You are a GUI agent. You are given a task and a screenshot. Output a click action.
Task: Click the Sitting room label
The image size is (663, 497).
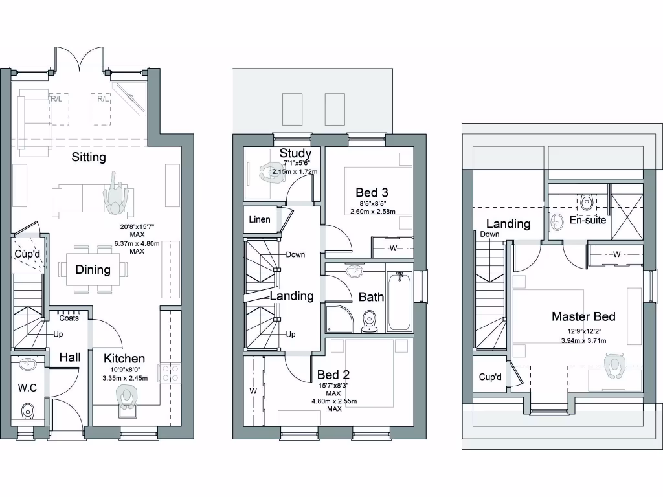(89, 157)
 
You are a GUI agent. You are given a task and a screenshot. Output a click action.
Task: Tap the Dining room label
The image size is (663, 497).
(93, 270)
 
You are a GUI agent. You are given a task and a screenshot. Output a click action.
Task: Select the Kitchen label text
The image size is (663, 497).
(124, 358)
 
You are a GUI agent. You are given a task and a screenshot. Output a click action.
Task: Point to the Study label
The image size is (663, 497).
(296, 153)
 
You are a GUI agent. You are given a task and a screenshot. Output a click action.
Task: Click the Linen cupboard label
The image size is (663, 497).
(260, 219)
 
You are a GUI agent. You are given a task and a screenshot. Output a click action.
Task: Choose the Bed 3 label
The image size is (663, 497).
(372, 192)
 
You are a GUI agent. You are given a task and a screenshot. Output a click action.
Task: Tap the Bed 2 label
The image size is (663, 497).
(333, 375)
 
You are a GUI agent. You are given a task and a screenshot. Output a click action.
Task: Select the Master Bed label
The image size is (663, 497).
(583, 316)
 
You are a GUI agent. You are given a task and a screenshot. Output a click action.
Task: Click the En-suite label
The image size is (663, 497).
(588, 220)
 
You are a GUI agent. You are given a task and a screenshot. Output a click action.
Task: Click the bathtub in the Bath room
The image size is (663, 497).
(398, 300)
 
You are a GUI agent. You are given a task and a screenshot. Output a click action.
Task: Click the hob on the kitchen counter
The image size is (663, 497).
(170, 372)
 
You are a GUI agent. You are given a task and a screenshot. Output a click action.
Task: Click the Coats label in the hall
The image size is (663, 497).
(69, 318)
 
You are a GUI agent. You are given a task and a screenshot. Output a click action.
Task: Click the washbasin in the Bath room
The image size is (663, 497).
(354, 271)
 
